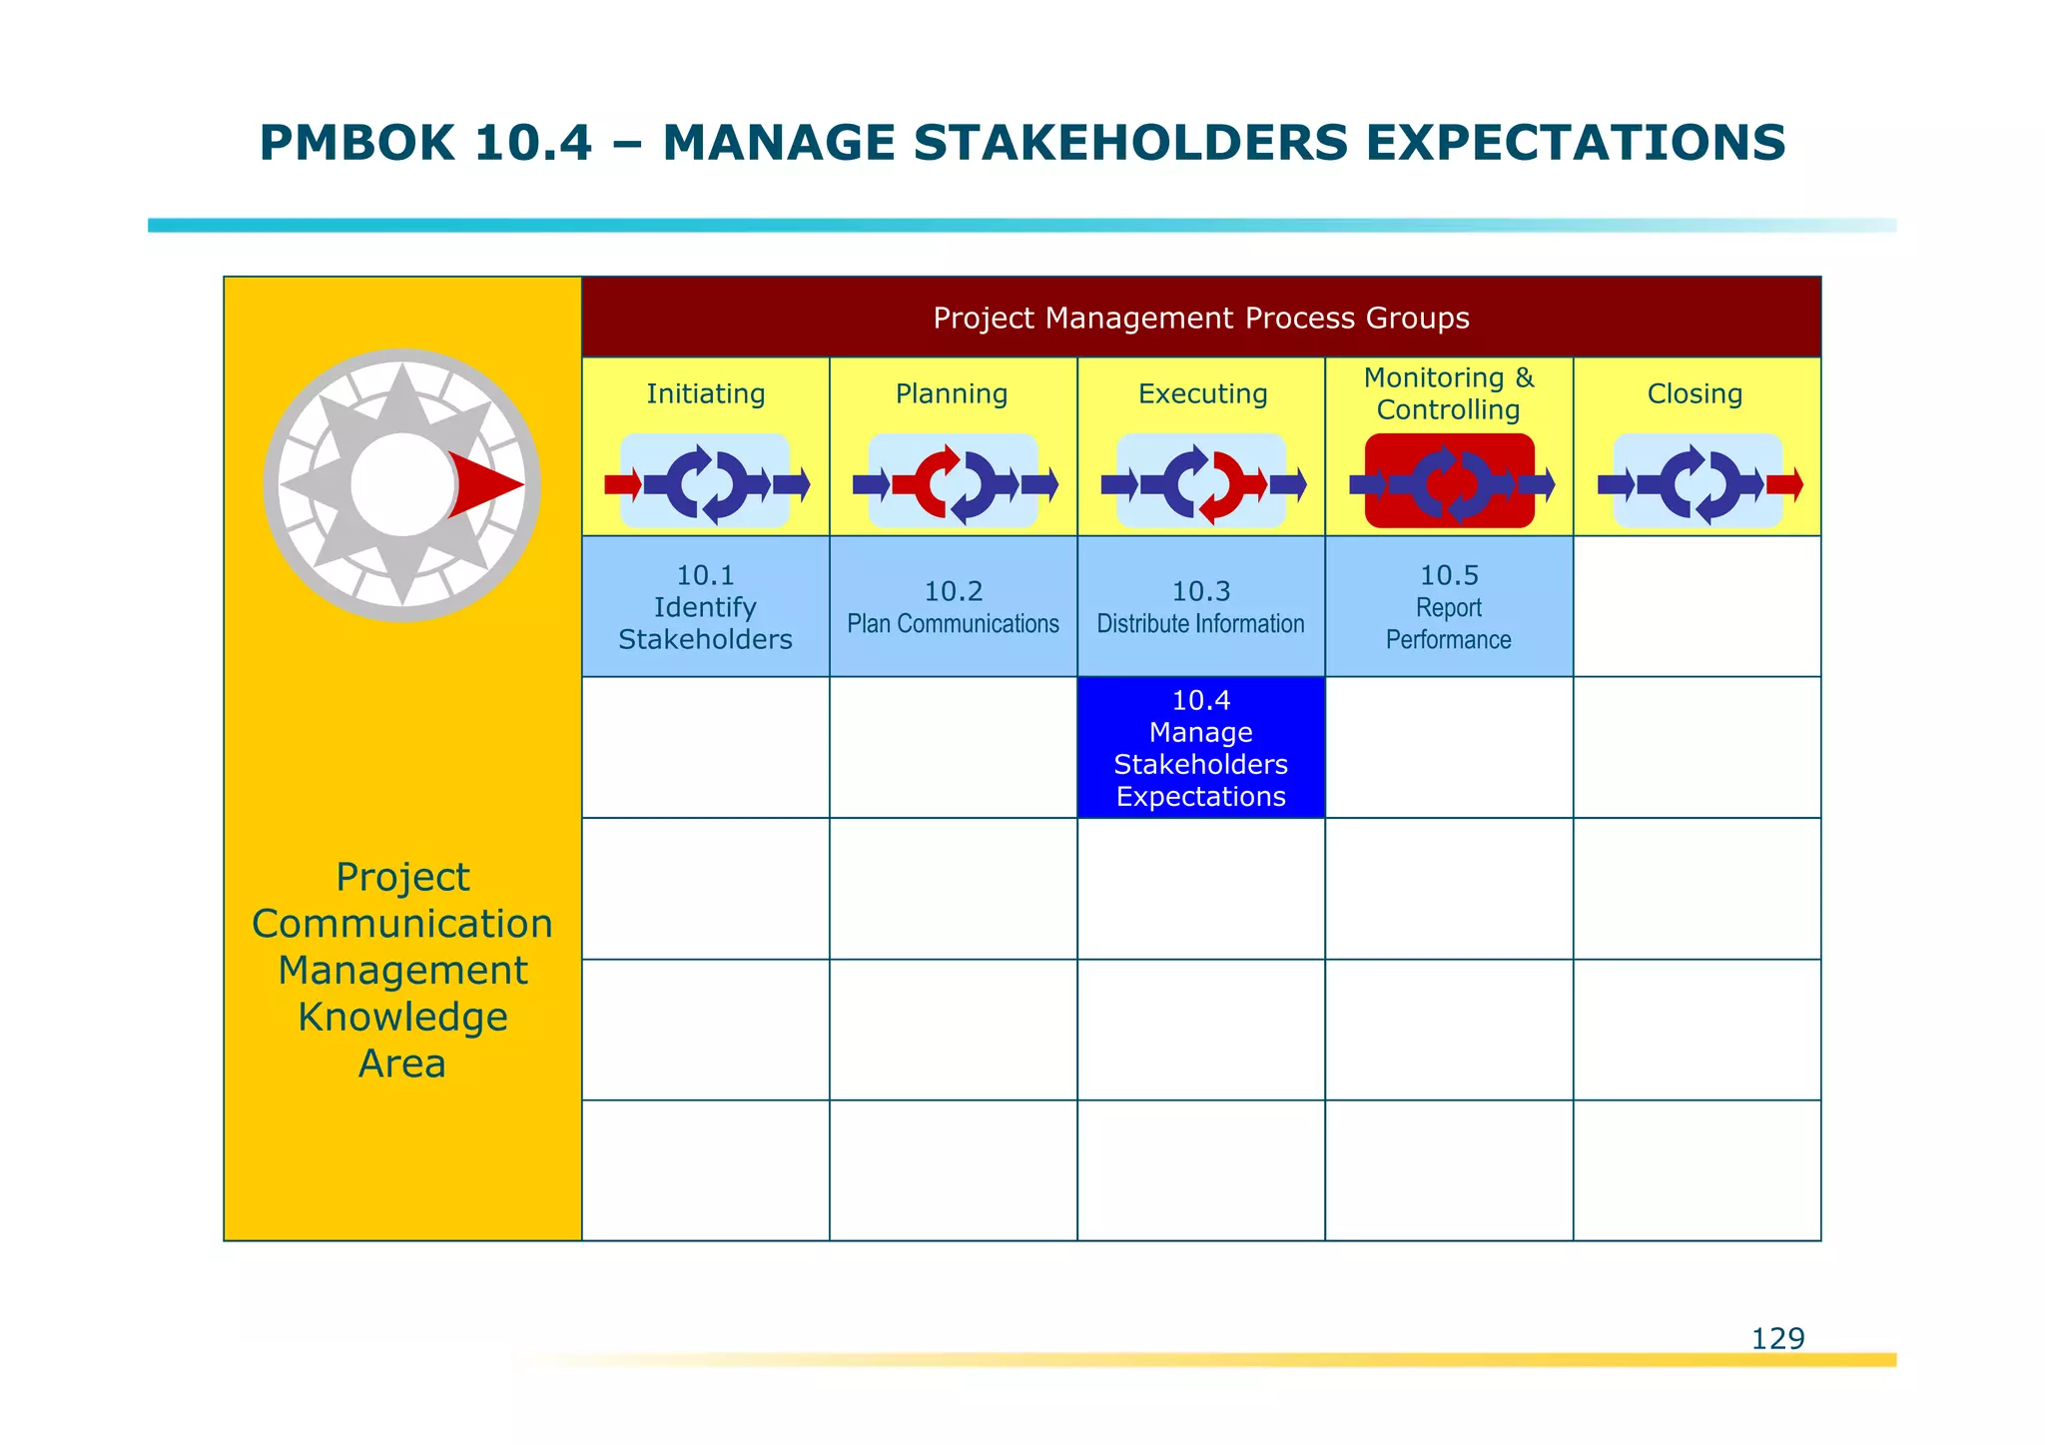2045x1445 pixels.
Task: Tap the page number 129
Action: click(1777, 1338)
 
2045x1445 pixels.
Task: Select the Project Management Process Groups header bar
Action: click(1200, 318)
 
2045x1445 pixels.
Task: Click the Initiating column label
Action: click(705, 393)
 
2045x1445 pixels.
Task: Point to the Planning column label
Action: click(952, 393)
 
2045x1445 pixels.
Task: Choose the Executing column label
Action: click(1202, 393)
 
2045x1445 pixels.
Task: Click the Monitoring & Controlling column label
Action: click(1448, 393)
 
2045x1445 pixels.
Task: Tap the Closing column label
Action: click(1695, 393)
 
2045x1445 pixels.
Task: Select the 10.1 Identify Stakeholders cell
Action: click(705, 607)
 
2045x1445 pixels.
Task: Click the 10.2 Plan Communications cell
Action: click(953, 607)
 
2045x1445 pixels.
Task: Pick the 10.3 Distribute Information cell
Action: click(1200, 607)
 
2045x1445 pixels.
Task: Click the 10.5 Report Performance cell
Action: click(1448, 607)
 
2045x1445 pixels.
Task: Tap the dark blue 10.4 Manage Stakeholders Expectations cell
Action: click(1200, 748)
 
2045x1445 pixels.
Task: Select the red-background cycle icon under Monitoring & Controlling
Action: click(1449, 481)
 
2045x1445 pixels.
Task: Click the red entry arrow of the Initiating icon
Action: click(622, 485)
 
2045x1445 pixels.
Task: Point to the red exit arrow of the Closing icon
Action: click(1784, 485)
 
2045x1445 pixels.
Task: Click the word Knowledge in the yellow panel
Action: click(402, 1017)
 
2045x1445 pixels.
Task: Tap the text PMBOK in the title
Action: click(356, 143)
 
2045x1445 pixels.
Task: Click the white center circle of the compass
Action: click(399, 485)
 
